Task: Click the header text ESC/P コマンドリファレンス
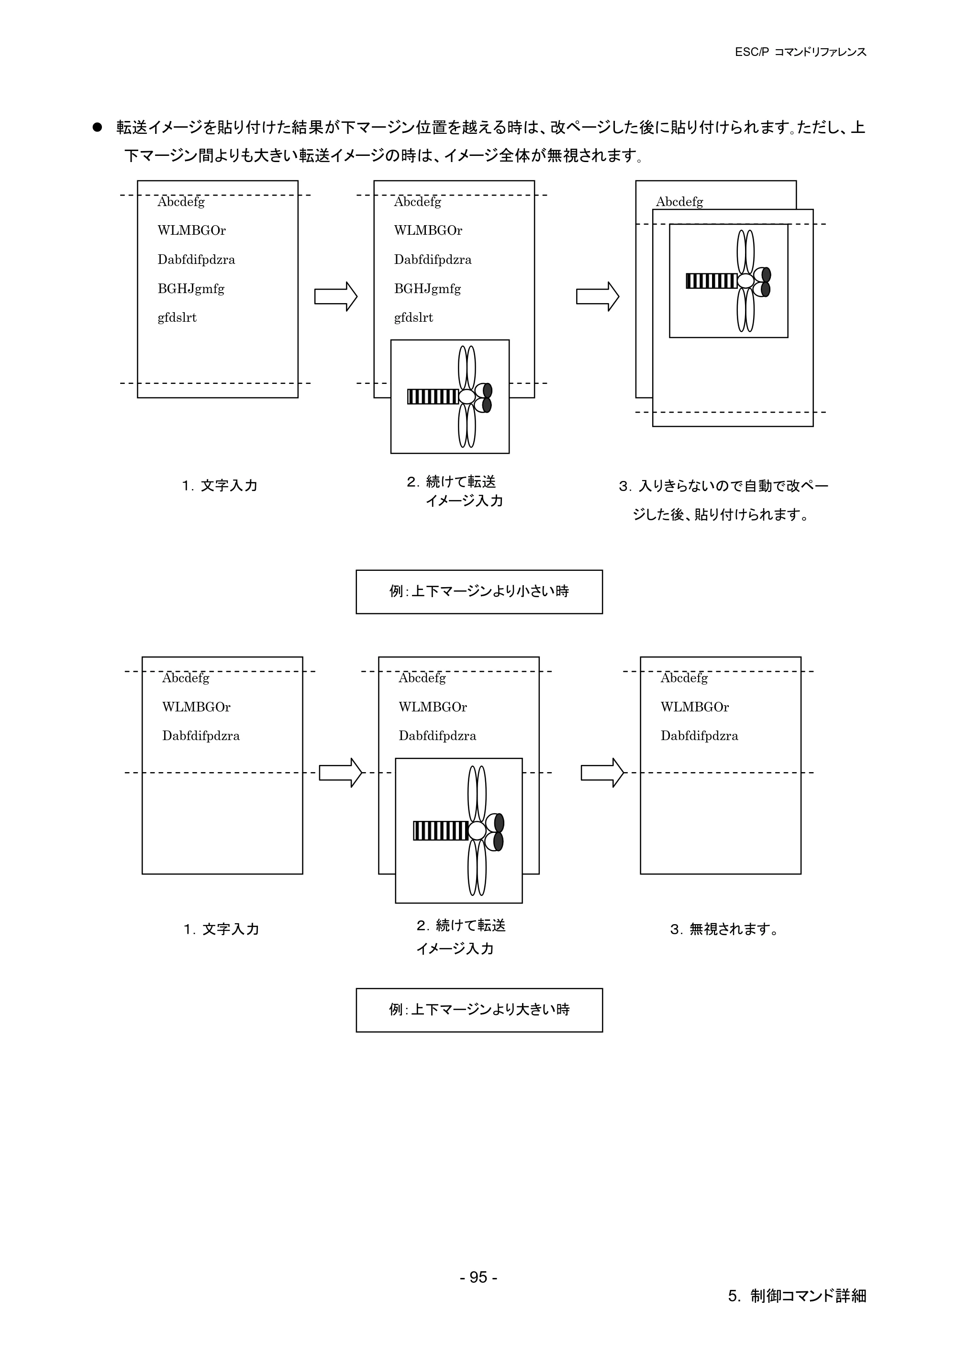point(800,52)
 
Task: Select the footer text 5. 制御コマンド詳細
point(797,1295)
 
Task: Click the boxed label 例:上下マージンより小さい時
point(479,592)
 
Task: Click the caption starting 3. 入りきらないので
point(723,500)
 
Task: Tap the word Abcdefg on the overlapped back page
point(679,202)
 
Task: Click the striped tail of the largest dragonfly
point(441,831)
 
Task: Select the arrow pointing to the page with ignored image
point(602,773)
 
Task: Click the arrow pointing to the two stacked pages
point(597,296)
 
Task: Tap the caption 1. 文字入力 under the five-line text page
point(220,486)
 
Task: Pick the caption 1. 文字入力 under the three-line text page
point(221,929)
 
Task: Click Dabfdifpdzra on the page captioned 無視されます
point(699,736)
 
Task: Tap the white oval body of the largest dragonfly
point(477,831)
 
